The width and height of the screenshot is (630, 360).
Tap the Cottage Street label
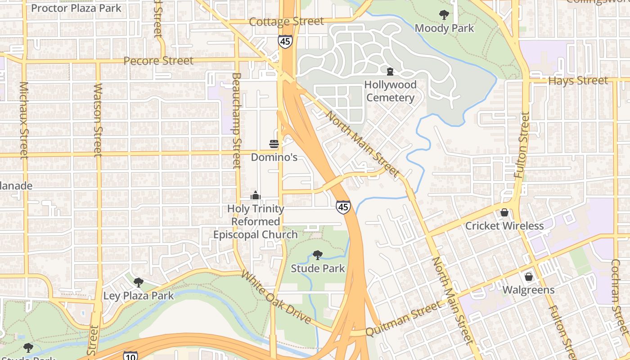click(286, 22)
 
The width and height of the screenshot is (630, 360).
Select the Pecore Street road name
click(158, 61)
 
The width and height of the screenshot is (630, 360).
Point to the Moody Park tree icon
click(444, 15)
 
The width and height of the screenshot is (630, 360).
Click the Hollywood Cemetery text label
click(390, 91)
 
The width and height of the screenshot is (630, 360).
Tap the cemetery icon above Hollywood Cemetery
click(390, 71)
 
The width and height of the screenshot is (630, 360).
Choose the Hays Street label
click(578, 81)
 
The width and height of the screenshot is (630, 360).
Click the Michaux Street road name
click(24, 120)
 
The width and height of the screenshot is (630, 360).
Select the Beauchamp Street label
click(237, 121)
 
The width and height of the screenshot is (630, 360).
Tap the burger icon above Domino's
click(274, 144)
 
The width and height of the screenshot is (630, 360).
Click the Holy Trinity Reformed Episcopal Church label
click(255, 222)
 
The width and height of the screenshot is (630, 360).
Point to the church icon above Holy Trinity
click(256, 196)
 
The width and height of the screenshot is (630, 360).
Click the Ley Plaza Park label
click(139, 296)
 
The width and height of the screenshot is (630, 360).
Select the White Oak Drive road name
click(276, 297)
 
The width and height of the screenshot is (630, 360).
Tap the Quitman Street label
click(403, 319)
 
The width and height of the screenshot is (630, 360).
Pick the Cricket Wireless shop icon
click(504, 212)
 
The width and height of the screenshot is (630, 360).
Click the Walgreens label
click(528, 290)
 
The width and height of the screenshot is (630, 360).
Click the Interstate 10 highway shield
click(130, 356)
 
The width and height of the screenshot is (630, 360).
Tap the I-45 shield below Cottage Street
click(285, 41)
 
